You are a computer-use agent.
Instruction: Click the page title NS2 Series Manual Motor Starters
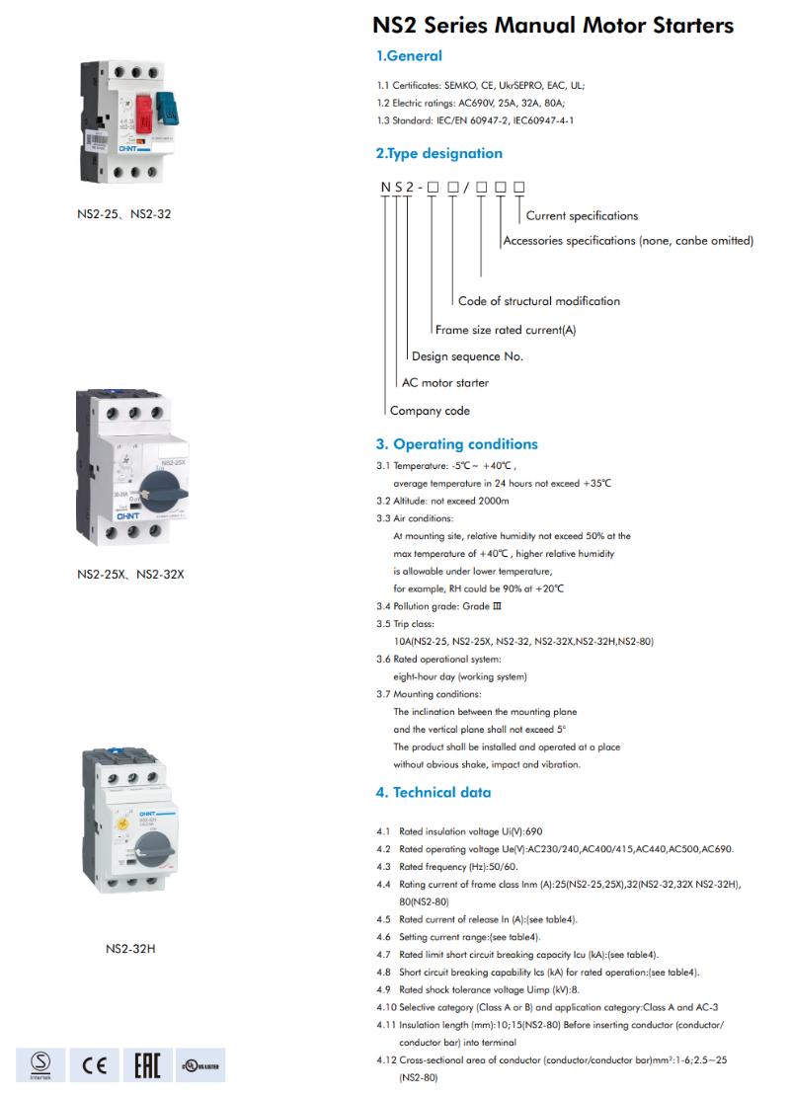pos(553,25)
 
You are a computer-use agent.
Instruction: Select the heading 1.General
pos(409,56)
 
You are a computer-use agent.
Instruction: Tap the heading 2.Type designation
pos(438,154)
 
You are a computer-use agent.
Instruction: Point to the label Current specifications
pos(582,216)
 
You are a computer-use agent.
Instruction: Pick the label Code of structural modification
pos(539,301)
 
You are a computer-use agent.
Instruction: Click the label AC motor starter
pos(444,382)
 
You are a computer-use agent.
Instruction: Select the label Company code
pos(430,411)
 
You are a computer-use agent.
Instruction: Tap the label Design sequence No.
pos(467,356)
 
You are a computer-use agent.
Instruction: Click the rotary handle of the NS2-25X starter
pos(157,481)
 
